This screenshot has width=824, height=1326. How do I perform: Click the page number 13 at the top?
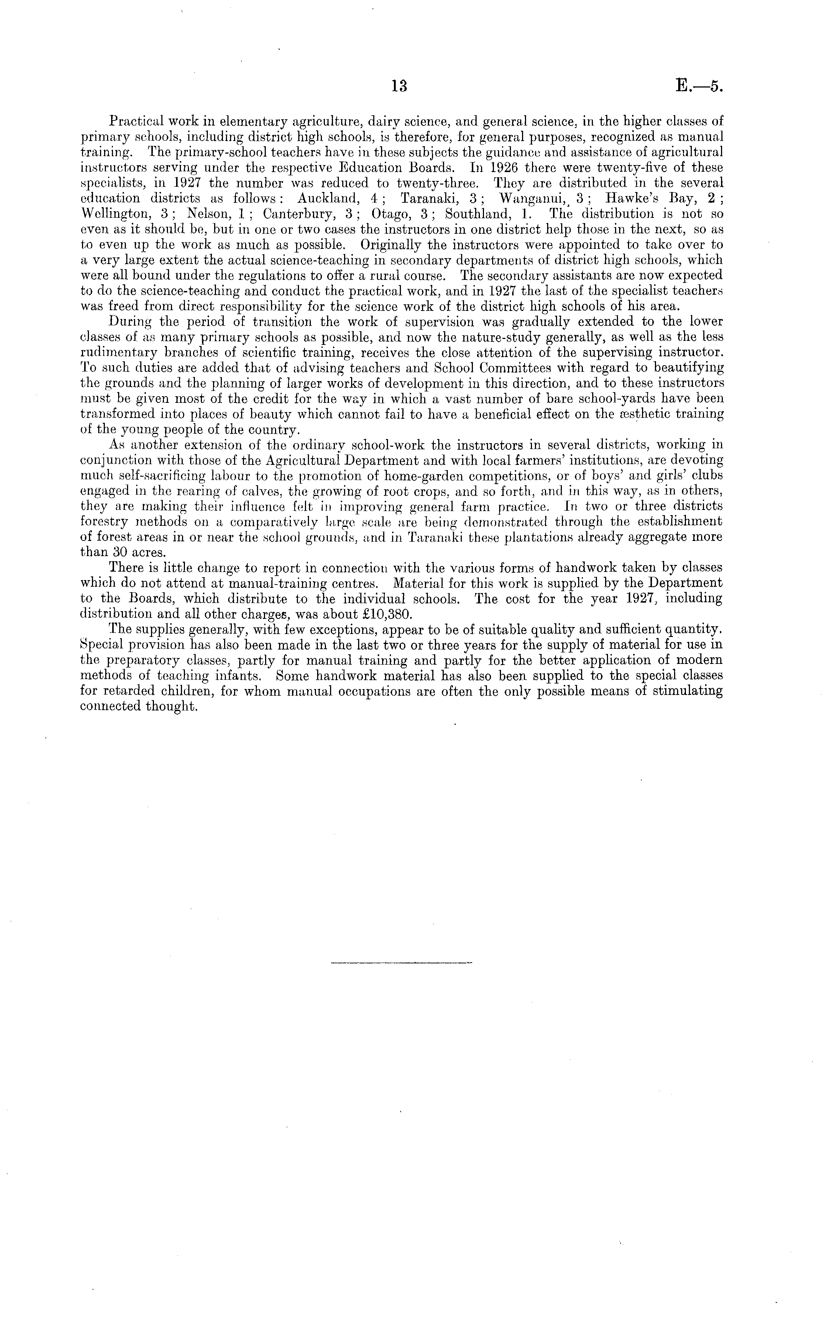pos(399,86)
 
